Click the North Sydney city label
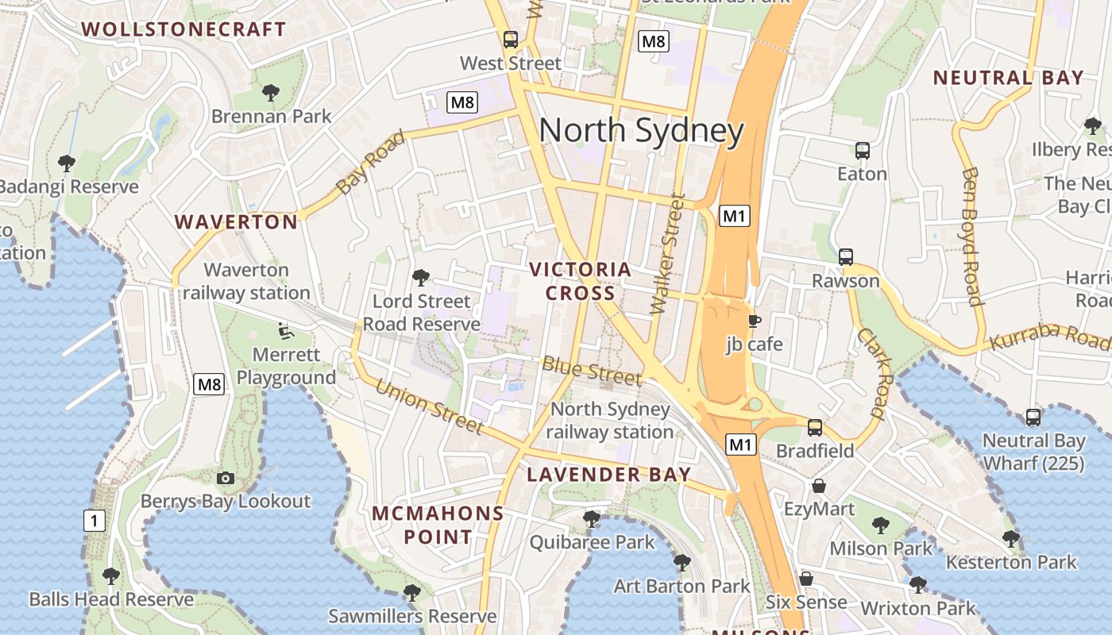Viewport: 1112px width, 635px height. click(641, 131)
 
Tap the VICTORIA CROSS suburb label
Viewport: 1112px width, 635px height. click(581, 281)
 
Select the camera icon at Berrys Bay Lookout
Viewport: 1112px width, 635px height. click(226, 478)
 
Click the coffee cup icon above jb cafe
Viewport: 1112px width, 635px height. click(754, 321)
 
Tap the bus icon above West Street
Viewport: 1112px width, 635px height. click(511, 40)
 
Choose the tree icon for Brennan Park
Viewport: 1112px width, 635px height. click(271, 92)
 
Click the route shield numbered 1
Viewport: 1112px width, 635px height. click(94, 521)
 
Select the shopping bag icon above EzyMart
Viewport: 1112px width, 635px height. click(819, 485)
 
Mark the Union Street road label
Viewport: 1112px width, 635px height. click(429, 406)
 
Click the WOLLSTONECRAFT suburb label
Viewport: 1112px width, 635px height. click(183, 29)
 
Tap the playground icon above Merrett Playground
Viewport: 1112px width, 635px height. click(286, 330)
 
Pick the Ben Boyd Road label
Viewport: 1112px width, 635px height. click(971, 236)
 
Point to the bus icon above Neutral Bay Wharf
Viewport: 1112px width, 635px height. click(1033, 417)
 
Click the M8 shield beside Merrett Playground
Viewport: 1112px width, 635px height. click(209, 385)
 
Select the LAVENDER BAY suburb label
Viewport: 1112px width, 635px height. click(609, 475)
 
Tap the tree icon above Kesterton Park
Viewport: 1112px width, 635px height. click(1010, 539)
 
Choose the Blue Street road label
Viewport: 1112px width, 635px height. click(592, 370)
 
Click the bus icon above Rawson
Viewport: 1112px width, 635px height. click(846, 257)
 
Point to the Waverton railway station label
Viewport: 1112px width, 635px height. click(246, 281)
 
